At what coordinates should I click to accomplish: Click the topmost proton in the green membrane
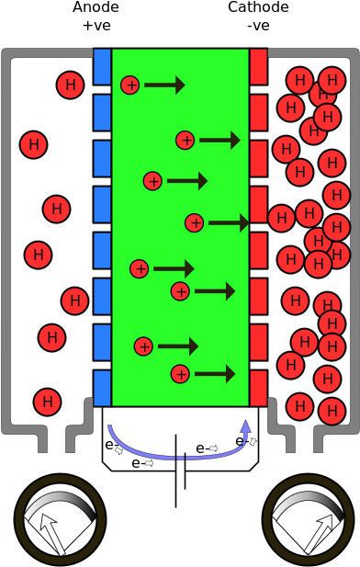[130, 85]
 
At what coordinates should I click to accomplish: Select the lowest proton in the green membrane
[180, 374]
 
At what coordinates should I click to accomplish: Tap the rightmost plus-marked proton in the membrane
[194, 223]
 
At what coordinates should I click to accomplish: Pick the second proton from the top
[186, 141]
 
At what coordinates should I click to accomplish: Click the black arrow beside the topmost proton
[164, 85]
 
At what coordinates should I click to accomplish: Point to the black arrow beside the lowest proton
[215, 374]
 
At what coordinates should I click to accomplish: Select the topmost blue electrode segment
[102, 67]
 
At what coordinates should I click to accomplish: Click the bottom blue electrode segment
[102, 388]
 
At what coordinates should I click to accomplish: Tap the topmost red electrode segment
[258, 67]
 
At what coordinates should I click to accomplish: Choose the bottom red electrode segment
[258, 388]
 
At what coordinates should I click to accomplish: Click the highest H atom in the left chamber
[70, 85]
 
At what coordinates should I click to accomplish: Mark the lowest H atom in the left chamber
[47, 402]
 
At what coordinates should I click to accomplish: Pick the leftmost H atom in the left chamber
[33, 145]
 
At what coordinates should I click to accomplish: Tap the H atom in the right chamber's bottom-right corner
[332, 411]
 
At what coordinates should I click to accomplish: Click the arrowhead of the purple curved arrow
[245, 428]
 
